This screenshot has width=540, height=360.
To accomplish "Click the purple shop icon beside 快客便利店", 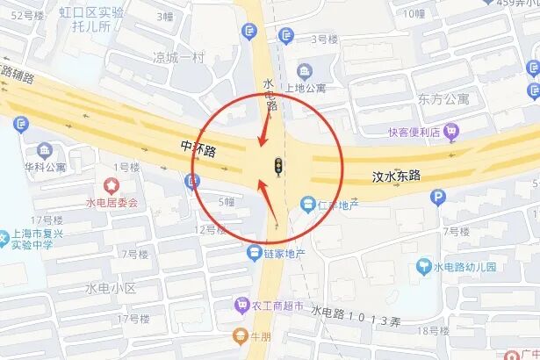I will tap(452, 132).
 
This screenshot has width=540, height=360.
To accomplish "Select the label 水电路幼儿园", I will tap(464, 266).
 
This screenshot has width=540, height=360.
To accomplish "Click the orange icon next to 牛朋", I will tap(239, 334).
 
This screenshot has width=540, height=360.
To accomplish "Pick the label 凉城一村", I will tap(178, 58).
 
